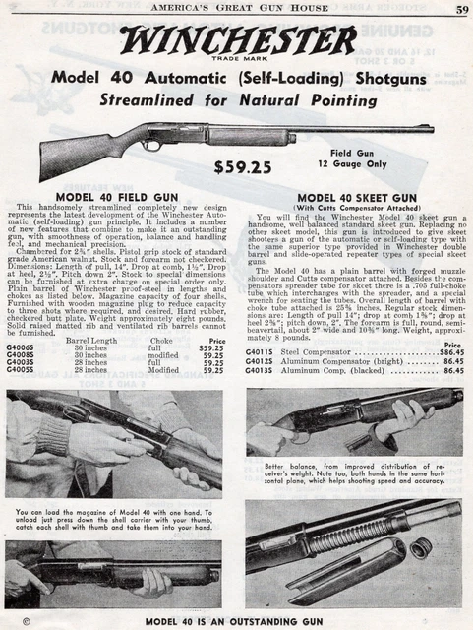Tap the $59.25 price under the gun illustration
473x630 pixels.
click(243, 167)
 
